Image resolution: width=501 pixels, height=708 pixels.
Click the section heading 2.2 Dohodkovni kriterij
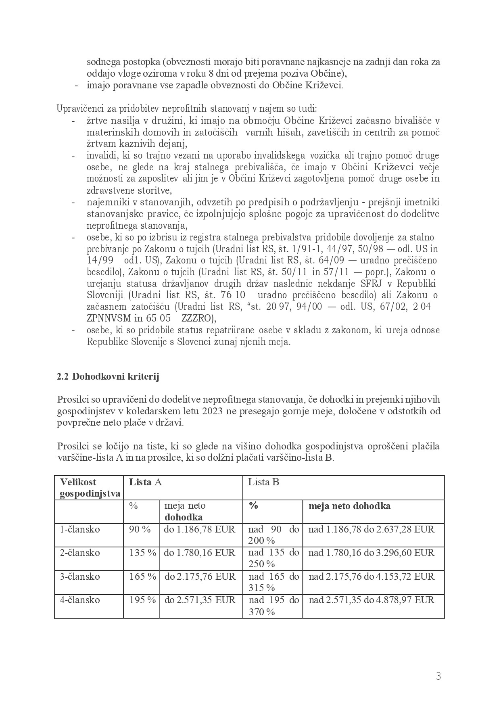click(108, 377)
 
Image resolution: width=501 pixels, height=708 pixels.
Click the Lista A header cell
click(145, 482)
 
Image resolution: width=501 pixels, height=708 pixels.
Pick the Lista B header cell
click(263, 482)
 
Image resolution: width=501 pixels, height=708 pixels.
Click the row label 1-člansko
click(80, 529)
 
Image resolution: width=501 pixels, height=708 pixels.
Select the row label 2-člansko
click(80, 553)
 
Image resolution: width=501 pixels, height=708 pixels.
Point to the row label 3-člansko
click(80, 576)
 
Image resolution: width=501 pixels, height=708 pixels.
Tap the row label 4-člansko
click(80, 600)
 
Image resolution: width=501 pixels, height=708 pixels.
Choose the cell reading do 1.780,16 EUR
click(199, 553)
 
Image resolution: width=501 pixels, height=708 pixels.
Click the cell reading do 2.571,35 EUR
click(200, 600)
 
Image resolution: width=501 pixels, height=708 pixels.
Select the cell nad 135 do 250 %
click(273, 558)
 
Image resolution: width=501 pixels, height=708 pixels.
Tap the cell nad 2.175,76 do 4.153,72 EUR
click(372, 576)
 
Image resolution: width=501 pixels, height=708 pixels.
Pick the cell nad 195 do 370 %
click(273, 606)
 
